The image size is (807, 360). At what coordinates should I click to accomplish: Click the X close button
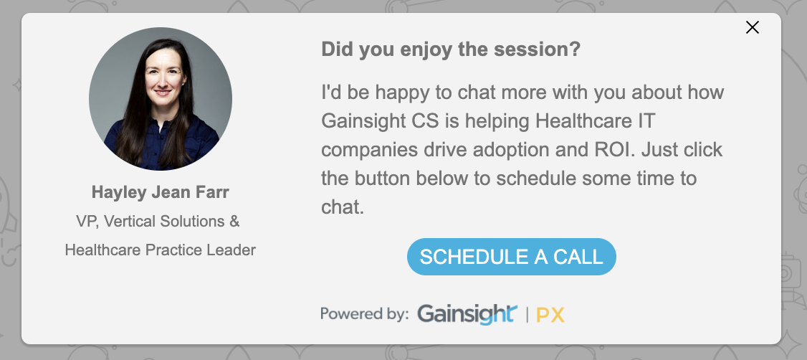pyautogui.click(x=752, y=27)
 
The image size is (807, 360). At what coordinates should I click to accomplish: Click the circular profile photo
pyautogui.click(x=161, y=99)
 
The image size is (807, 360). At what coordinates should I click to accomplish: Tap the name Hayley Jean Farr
pyautogui.click(x=160, y=193)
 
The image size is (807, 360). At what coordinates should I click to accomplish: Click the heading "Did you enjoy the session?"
pyautogui.click(x=450, y=50)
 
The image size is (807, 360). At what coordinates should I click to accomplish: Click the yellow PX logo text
pyautogui.click(x=550, y=314)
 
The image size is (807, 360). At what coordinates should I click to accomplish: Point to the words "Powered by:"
pyautogui.click(x=364, y=313)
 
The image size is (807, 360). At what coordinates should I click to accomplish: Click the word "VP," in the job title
pyautogui.click(x=87, y=222)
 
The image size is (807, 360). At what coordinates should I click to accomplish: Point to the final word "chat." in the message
pyautogui.click(x=343, y=207)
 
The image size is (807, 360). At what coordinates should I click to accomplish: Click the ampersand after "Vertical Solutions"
pyautogui.click(x=234, y=222)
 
